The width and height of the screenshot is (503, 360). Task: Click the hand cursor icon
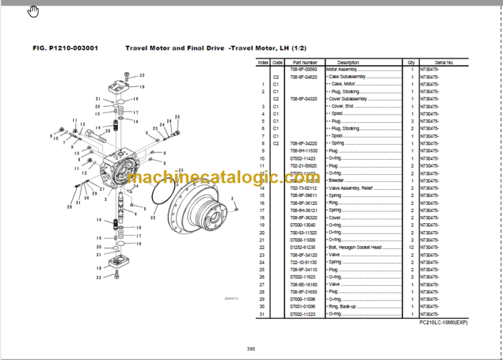[x=34, y=12]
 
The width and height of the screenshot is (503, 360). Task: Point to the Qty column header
[x=411, y=62]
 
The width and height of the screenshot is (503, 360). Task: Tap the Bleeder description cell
[x=336, y=181]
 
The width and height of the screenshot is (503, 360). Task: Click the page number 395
[x=251, y=348]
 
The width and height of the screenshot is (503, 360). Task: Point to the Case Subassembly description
[x=350, y=77]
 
